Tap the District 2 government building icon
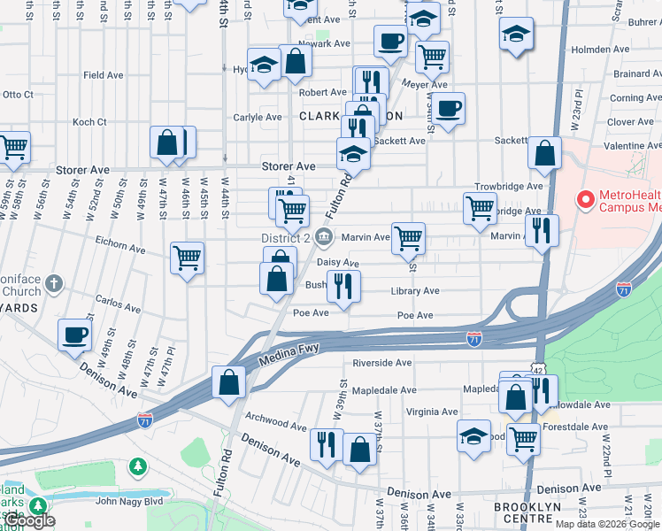(x=325, y=237)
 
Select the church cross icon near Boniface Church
(x=54, y=284)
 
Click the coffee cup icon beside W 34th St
(x=450, y=109)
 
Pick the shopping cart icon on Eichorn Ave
(x=188, y=258)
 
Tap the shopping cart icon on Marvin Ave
(x=408, y=237)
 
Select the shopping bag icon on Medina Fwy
(x=229, y=383)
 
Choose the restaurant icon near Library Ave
(x=343, y=285)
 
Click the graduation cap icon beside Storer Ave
(x=353, y=154)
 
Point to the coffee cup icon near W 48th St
(x=75, y=335)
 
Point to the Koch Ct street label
(x=89, y=122)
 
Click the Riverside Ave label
(x=382, y=363)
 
